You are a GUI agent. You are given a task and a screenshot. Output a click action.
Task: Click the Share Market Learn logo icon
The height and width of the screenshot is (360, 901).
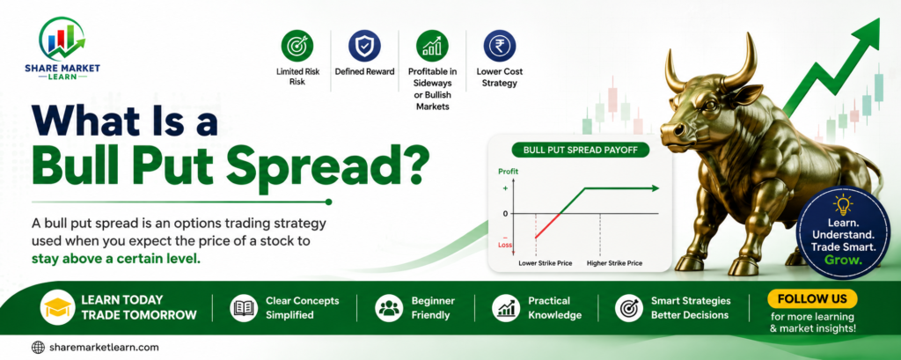62,38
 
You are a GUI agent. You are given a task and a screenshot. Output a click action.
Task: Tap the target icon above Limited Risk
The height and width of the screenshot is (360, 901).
297,46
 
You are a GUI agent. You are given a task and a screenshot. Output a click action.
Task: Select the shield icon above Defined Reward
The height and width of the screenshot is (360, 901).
365,46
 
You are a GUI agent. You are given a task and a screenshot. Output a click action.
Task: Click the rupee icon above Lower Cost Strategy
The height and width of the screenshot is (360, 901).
500,46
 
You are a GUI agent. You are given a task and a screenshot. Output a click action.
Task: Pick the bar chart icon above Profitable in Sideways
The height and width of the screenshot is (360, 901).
432,46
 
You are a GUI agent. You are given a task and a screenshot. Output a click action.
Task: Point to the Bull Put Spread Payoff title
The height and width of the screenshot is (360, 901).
578,151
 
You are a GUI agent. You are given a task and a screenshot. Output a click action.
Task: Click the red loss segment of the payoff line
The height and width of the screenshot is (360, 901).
547,225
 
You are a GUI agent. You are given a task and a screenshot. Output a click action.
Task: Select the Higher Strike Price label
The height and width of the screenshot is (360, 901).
614,263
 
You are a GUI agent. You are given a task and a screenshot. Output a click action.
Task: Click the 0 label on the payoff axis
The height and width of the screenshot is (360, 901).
506,213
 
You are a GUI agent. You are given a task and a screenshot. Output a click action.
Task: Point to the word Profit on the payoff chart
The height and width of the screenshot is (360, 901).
508,172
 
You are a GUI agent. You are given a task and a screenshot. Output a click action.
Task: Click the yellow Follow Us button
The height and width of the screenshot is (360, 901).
812,299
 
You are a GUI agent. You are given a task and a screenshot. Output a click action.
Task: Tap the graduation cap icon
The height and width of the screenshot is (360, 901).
56,308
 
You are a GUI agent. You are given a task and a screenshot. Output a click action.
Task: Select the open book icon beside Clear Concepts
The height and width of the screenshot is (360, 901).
245,308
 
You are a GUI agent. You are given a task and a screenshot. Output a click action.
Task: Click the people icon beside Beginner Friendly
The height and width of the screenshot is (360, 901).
390,308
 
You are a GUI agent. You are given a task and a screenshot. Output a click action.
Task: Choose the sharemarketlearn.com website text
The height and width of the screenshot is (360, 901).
104,348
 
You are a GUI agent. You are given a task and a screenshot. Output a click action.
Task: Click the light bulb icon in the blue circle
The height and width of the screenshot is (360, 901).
843,205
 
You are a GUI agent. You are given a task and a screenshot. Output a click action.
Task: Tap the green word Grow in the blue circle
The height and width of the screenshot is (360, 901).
843,260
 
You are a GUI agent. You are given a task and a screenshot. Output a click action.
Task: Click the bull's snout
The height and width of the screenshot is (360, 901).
673,130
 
